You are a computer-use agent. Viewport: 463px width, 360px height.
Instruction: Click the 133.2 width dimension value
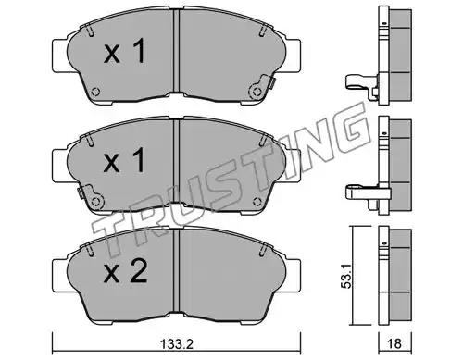177,343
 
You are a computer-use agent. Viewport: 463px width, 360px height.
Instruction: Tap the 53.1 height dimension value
346,275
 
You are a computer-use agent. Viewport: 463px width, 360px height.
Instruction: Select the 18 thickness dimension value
394,343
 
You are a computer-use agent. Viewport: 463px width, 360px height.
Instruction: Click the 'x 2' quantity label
126,271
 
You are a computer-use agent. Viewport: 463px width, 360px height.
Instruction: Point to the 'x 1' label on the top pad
125,51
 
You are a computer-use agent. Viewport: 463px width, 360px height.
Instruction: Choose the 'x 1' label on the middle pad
125,160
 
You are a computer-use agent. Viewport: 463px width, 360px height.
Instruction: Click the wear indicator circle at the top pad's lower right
257,92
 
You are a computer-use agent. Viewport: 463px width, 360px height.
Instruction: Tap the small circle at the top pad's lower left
96,92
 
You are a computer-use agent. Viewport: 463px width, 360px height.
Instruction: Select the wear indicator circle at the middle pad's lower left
96,202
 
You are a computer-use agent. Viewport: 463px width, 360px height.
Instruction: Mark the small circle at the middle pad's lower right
257,202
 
